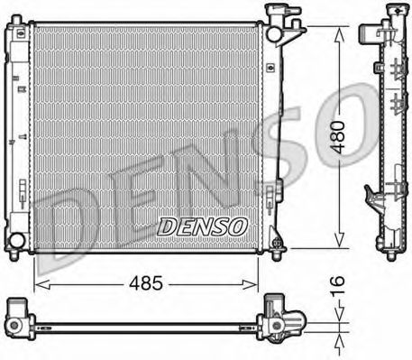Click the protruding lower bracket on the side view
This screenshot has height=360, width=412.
click(371, 195)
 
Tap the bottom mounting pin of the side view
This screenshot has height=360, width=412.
click(390, 254)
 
